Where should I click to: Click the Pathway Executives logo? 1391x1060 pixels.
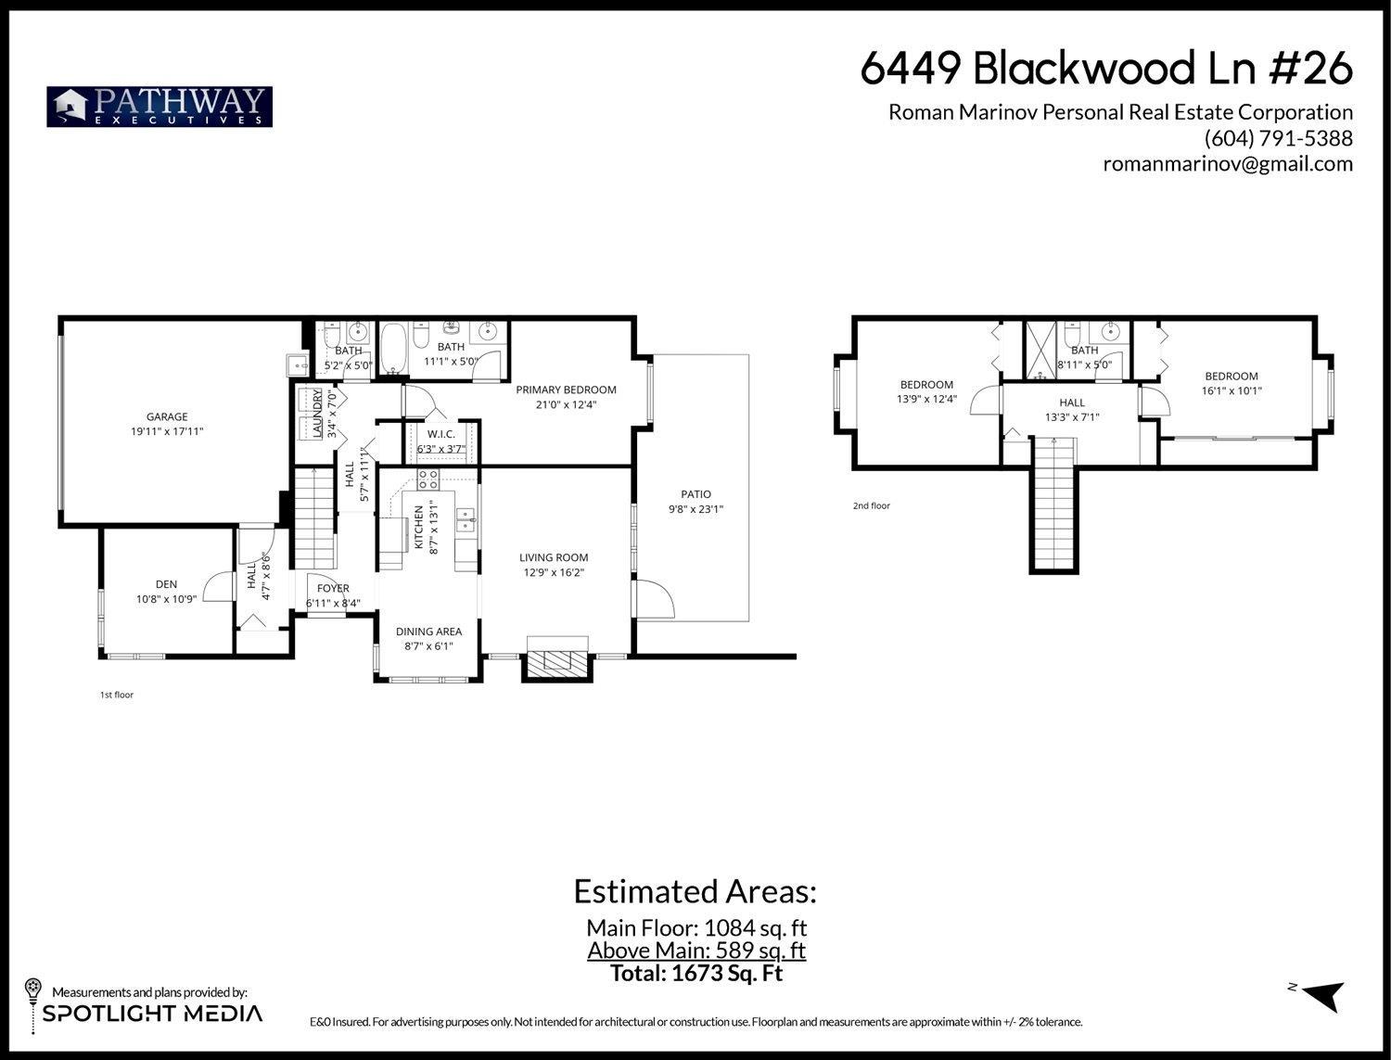[160, 107]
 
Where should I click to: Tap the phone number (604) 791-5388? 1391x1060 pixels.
[1278, 138]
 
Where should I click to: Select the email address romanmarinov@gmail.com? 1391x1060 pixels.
[1227, 164]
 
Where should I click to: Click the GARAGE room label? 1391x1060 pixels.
[167, 417]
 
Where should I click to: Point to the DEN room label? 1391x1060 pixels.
[166, 584]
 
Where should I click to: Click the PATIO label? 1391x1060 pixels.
[695, 494]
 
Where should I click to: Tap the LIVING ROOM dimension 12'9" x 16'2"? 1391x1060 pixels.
[554, 572]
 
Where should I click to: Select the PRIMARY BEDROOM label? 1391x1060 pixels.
[566, 390]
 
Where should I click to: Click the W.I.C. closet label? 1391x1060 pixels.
[440, 434]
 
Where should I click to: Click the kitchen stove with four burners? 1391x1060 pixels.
[428, 479]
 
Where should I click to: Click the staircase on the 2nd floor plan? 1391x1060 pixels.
[1054, 505]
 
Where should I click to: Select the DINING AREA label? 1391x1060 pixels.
[428, 632]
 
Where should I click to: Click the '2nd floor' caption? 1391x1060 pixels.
[871, 506]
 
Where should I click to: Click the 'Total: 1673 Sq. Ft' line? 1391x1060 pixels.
[695, 974]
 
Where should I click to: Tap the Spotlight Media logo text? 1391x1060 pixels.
[153, 1014]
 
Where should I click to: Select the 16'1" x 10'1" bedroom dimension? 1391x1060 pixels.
[1231, 390]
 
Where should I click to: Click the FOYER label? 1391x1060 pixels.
[333, 588]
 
